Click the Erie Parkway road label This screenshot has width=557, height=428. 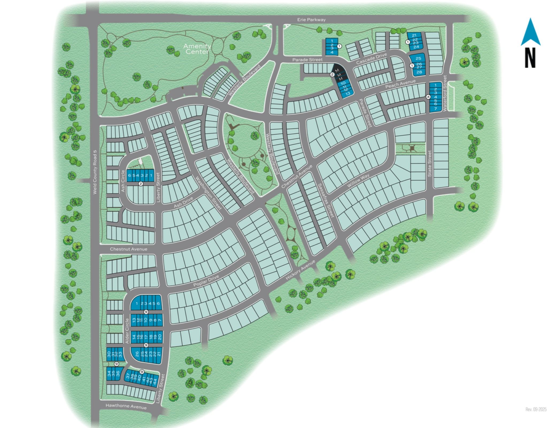311,20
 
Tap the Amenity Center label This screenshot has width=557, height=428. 197,49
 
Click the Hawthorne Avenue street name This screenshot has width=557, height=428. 126,406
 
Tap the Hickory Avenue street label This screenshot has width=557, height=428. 300,270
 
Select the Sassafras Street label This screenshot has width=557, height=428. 326,200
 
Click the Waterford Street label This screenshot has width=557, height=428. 445,93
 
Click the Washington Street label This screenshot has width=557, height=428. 209,192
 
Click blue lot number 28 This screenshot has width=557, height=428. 419,72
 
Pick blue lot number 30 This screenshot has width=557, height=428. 109,354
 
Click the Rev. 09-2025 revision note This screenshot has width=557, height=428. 536,409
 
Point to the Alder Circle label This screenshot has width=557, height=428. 127,331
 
